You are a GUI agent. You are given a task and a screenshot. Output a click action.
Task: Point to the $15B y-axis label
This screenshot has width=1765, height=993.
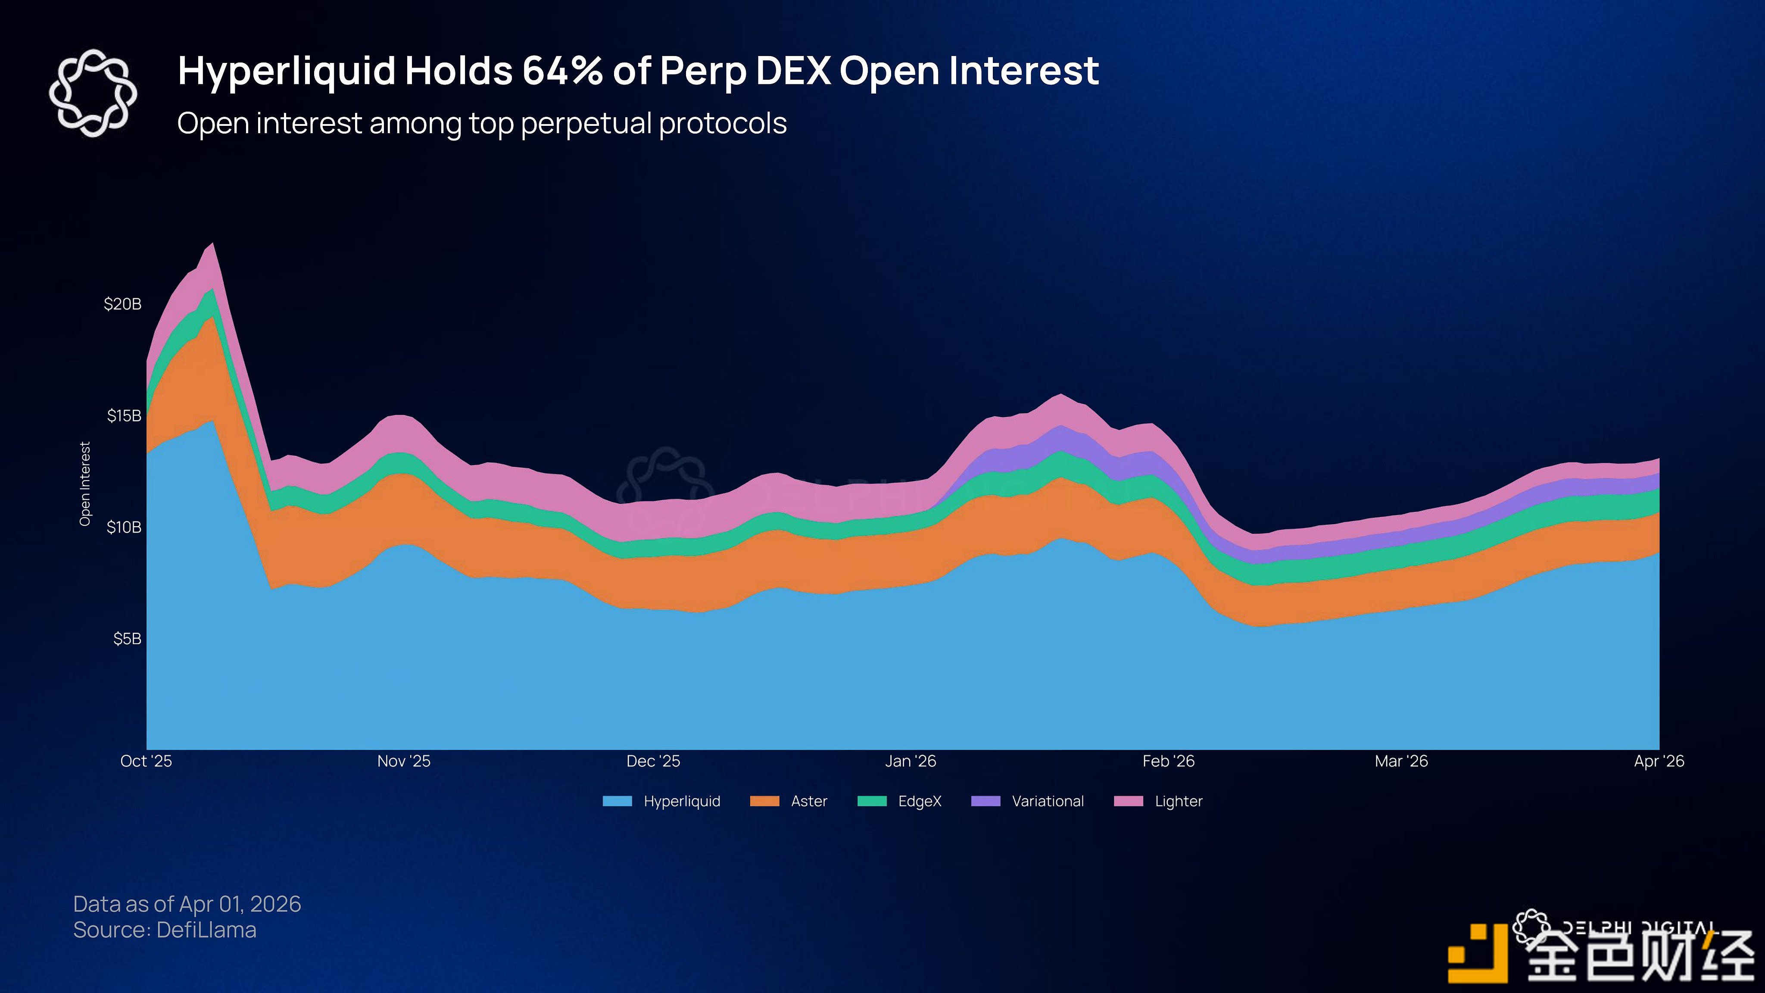pos(124,416)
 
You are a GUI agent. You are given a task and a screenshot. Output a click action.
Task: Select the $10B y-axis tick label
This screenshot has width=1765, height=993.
pos(124,527)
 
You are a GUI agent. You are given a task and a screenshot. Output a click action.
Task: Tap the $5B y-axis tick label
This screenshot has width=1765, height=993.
pos(128,639)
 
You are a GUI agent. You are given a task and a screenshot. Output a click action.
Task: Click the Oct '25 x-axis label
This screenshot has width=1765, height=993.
pos(146,762)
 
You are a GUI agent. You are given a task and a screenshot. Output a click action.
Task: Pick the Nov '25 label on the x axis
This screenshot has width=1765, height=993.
pos(404,762)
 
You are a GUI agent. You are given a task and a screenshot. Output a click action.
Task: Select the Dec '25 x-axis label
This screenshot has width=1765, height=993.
pos(653,762)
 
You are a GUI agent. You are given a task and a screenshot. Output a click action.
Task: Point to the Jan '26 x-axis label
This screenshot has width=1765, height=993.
pos(910,762)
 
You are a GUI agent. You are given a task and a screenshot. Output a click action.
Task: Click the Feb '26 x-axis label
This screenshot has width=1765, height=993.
pos(1168,762)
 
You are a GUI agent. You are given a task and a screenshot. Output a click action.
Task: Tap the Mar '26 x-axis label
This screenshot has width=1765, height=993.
pos(1401,762)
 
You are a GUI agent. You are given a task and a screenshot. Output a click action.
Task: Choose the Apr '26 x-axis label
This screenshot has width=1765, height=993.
pos(1659,762)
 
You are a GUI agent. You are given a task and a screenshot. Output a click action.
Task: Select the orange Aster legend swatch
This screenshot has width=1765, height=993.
pos(765,801)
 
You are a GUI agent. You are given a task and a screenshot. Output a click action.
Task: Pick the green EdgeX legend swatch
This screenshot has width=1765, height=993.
pos(872,801)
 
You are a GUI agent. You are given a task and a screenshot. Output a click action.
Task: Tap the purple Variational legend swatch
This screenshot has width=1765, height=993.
pos(986,801)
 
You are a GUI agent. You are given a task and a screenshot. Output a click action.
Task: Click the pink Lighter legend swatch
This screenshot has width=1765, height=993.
pos(1129,801)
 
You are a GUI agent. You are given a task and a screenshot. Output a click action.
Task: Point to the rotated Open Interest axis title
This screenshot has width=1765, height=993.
pos(85,484)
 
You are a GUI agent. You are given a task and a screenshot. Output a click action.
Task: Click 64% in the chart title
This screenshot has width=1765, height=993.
pos(562,71)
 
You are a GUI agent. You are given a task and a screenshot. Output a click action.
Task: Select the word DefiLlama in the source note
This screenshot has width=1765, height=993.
pos(206,930)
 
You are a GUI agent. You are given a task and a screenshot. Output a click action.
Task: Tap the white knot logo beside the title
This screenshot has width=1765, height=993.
pos(93,93)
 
